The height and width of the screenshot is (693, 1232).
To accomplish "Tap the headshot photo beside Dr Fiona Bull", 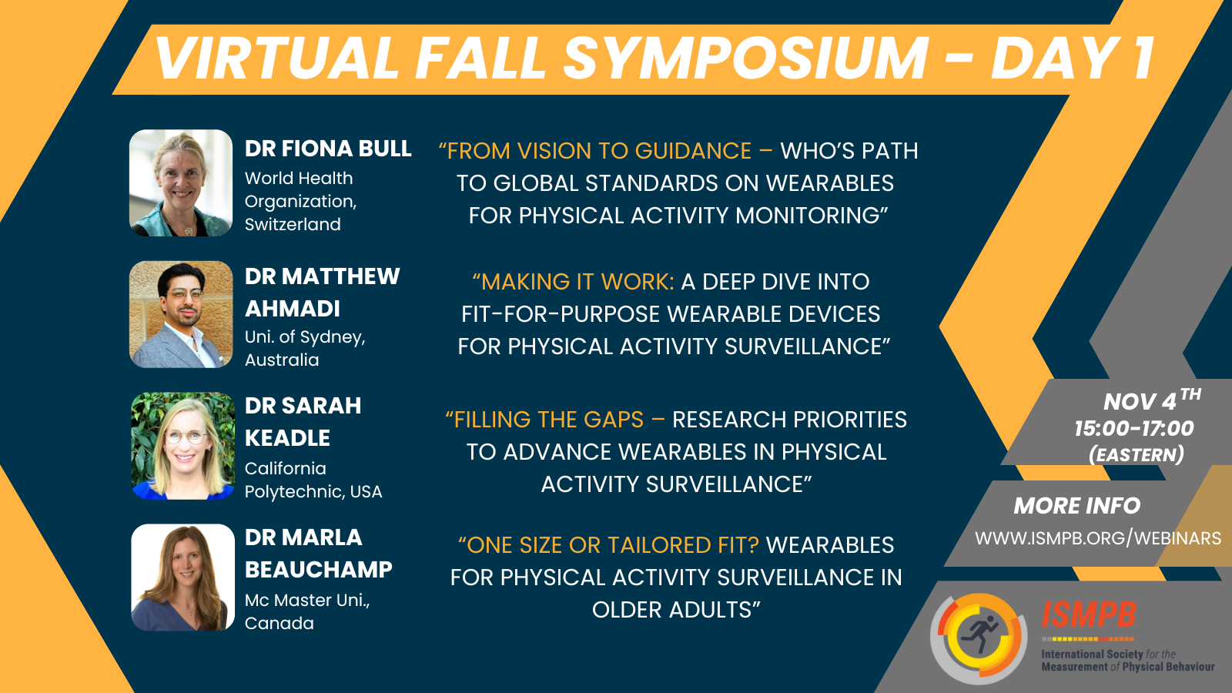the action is [181, 183].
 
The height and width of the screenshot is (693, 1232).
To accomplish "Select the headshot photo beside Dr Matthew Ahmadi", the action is [181, 314].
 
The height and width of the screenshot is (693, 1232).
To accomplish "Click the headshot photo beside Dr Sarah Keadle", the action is [182, 446].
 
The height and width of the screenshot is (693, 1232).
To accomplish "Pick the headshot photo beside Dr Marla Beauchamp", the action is [182, 577].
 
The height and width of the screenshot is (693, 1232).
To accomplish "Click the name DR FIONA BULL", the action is [328, 149].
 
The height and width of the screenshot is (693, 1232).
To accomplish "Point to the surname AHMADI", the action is [293, 309].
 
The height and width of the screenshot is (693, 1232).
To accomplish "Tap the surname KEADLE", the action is [287, 438].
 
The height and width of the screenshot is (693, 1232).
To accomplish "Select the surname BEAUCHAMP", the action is [319, 569].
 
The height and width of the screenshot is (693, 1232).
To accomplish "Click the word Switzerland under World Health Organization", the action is [293, 224].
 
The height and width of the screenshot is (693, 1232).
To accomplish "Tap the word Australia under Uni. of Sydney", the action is [282, 360].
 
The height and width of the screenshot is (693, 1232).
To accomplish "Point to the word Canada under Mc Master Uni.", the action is [279, 623].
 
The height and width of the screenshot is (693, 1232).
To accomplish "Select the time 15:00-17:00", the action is [1134, 428].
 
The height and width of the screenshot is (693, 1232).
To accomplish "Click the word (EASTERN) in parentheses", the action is [1137, 455].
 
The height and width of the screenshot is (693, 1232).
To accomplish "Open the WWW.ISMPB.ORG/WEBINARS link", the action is [1098, 538].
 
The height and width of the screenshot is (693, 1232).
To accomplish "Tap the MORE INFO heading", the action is [1077, 506].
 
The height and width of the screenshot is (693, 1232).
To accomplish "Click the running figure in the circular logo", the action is [979, 635].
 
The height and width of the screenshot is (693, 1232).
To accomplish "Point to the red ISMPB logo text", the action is [1089, 615].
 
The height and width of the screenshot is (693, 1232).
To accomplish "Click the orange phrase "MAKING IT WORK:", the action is [573, 282].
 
